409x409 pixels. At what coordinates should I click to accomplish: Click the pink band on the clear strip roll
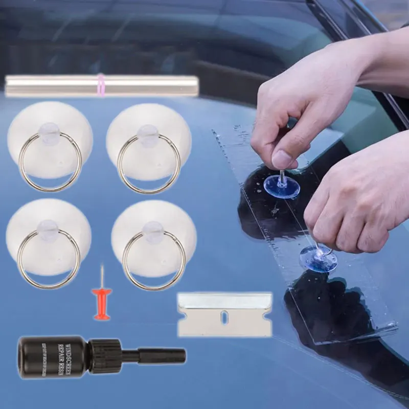click(101, 85)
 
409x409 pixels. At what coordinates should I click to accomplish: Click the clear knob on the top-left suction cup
click(50, 132)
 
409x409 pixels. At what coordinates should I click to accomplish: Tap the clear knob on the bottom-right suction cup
click(153, 231)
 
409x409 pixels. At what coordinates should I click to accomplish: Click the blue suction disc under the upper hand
click(282, 188)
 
